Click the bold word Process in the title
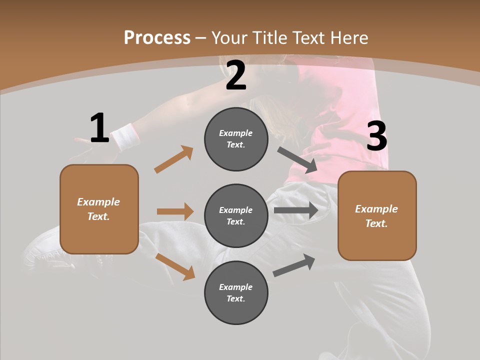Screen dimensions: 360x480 coord(157,38)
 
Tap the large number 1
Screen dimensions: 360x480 coord(99,128)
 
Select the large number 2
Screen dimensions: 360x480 coord(236,75)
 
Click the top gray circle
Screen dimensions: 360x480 coord(236,139)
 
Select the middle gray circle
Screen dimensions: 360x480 coord(236,216)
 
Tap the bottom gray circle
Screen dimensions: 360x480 coord(236,293)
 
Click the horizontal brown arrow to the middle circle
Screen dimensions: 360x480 coord(175,211)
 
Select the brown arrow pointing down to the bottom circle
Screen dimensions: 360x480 coord(175,266)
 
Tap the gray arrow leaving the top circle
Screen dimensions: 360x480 coord(297,160)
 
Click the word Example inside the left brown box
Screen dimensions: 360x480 coord(98,202)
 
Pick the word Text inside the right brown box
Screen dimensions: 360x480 coord(375,223)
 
